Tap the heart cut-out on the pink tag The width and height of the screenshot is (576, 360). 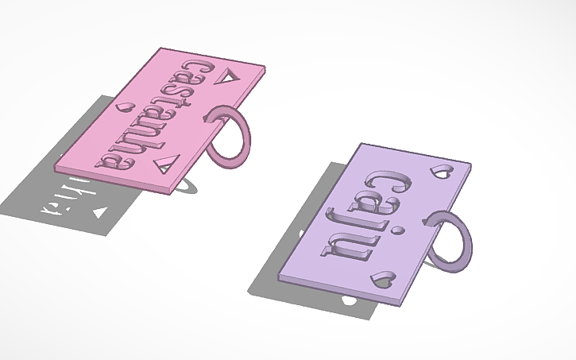click(x=124, y=106)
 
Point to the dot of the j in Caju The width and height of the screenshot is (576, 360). click(x=400, y=230)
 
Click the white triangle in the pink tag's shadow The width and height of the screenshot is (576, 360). click(x=99, y=213)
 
